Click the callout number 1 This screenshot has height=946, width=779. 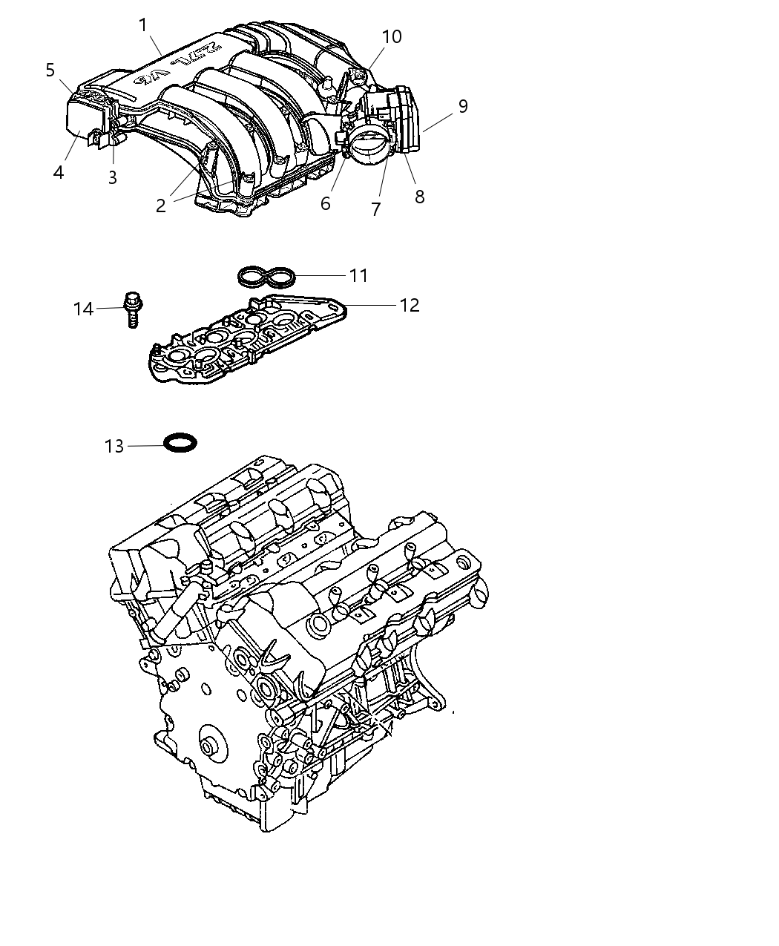pyautogui.click(x=143, y=26)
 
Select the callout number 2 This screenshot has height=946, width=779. pyautogui.click(x=161, y=206)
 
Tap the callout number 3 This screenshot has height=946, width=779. pyautogui.click(x=113, y=177)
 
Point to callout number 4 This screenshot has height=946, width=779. pyautogui.click(x=59, y=172)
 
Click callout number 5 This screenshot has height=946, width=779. pyautogui.click(x=50, y=70)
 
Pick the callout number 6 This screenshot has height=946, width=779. pyautogui.click(x=325, y=203)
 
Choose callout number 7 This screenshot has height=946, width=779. pyautogui.click(x=376, y=209)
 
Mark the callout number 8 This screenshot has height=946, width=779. pyautogui.click(x=419, y=197)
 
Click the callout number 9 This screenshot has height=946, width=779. pyautogui.click(x=463, y=106)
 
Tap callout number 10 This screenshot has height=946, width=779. pyautogui.click(x=392, y=36)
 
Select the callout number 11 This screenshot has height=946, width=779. pyautogui.click(x=359, y=275)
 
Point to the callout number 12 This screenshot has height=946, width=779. pyautogui.click(x=410, y=305)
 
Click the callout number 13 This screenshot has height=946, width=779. pyautogui.click(x=114, y=446)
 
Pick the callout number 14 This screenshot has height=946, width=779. pyautogui.click(x=83, y=309)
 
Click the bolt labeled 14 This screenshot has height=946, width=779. pyautogui.click(x=134, y=308)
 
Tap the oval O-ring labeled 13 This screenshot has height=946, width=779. pyautogui.click(x=180, y=444)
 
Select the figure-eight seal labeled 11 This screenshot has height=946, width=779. pyautogui.click(x=267, y=277)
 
